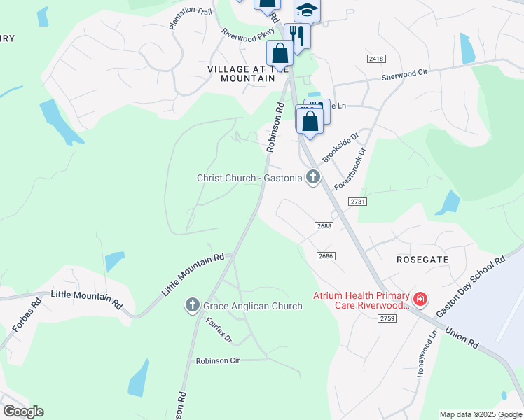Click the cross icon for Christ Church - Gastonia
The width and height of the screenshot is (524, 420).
(x=312, y=178)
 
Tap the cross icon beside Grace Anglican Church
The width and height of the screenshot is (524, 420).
(x=193, y=305)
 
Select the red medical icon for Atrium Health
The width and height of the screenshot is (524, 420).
(x=420, y=300)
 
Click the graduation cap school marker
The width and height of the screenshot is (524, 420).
(x=305, y=10)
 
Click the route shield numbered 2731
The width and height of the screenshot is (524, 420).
(x=357, y=201)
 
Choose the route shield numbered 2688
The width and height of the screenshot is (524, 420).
(x=324, y=225)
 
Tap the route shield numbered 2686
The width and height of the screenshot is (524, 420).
(x=324, y=256)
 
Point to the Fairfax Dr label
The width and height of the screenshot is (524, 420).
(x=219, y=330)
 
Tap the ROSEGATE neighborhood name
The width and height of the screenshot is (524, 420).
(x=422, y=259)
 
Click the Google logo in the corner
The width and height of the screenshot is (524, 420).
(x=23, y=411)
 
